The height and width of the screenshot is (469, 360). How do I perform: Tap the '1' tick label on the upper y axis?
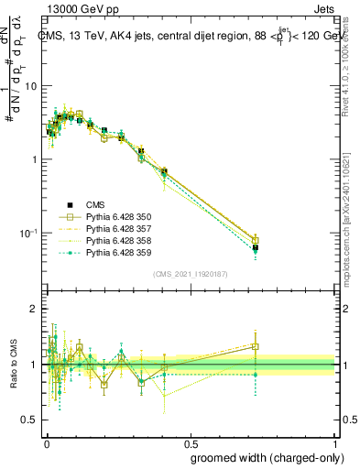[36, 159]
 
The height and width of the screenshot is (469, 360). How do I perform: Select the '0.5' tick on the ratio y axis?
[31, 420]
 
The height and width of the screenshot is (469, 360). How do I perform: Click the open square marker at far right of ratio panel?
[256, 347]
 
